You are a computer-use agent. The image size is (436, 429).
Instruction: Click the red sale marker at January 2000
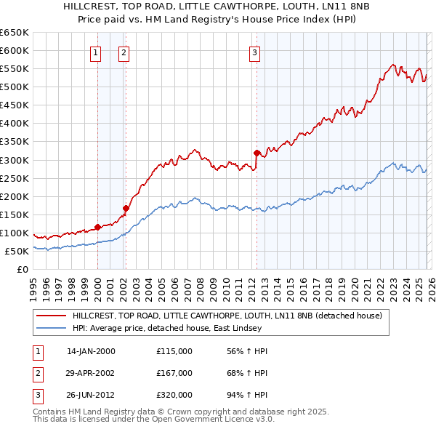[x=98, y=227]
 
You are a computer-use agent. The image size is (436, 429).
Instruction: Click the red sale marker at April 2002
[x=126, y=208]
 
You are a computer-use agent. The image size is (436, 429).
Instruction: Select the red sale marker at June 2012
[x=257, y=153]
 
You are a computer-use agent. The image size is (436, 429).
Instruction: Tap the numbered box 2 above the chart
[x=124, y=52]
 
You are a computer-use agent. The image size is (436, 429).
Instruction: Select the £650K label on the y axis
[x=15, y=33]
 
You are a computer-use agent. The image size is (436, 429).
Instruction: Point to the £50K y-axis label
[x=17, y=251]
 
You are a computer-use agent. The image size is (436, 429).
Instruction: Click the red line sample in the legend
[x=52, y=316]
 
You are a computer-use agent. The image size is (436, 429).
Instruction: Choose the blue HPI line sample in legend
[x=52, y=328]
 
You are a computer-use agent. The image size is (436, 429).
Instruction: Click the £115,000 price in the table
[x=174, y=351]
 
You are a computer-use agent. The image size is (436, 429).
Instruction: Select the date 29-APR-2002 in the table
[x=90, y=373]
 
